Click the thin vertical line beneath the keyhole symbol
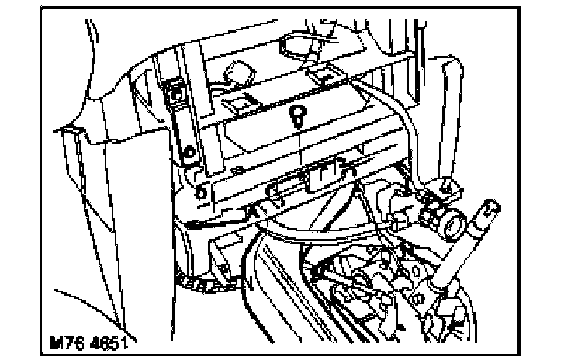(x=299, y=147)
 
